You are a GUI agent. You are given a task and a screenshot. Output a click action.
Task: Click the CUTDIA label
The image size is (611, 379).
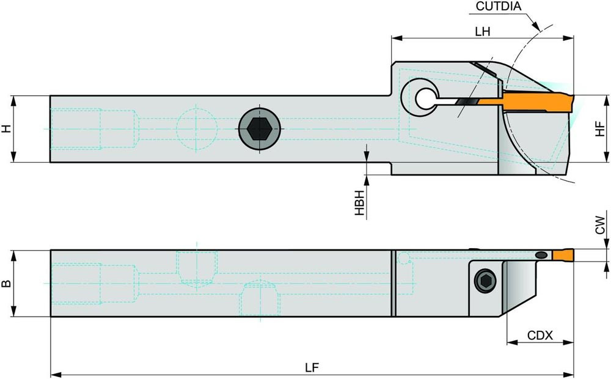pos(498,7)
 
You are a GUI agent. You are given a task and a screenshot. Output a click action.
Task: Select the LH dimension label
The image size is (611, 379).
pos(483,32)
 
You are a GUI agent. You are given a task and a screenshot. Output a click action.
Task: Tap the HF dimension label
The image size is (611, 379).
pos(601,128)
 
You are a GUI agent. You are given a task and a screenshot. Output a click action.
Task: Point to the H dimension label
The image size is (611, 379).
pos(6,128)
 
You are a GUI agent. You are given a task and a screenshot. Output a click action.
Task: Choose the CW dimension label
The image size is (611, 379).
pos(601,226)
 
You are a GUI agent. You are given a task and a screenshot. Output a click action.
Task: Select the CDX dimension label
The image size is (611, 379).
pos(540,336)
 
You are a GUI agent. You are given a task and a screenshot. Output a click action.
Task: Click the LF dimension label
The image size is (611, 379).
pos(312,367)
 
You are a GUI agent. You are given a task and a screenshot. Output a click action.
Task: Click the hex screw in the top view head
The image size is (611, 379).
pos(484,281)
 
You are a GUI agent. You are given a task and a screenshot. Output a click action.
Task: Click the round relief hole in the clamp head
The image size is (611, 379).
pos(423,97)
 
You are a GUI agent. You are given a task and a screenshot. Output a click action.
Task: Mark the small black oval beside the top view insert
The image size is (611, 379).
pos(541,254)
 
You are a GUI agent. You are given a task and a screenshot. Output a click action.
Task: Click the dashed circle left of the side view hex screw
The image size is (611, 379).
pos(197,128)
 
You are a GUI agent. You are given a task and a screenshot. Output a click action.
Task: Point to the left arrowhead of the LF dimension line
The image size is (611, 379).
pos(54,373)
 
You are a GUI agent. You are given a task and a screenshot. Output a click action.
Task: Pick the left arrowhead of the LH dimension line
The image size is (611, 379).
pos(395,39)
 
